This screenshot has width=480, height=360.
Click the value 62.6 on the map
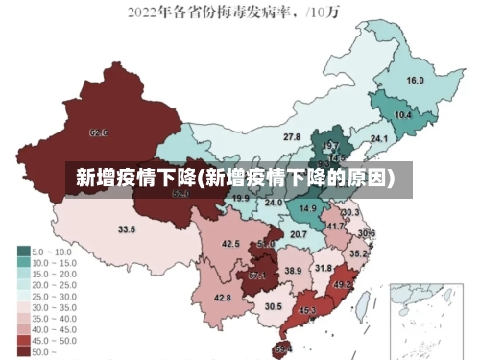coord(98,132)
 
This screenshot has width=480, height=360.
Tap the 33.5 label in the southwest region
coord(127,229)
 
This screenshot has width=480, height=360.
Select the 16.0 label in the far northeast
coord(416,81)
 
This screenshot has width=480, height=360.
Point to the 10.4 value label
coord(403,115)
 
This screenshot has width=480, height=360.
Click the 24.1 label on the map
coord(379,139)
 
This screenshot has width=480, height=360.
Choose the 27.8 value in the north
coord(292,137)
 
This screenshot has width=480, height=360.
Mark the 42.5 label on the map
coord(230,244)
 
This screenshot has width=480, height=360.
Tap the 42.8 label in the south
coord(222,298)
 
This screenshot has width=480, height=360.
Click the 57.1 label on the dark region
coord(256,276)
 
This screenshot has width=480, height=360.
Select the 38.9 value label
coord(293,271)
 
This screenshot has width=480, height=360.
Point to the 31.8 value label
coord(324,268)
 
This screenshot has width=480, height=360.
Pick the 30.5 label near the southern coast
coord(274,306)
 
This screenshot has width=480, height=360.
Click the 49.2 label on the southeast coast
coord(342,285)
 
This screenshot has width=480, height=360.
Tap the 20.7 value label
coord(299,234)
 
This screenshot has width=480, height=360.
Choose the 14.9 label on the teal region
coord(308,208)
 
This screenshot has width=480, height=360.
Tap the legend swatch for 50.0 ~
coord(23,351)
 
